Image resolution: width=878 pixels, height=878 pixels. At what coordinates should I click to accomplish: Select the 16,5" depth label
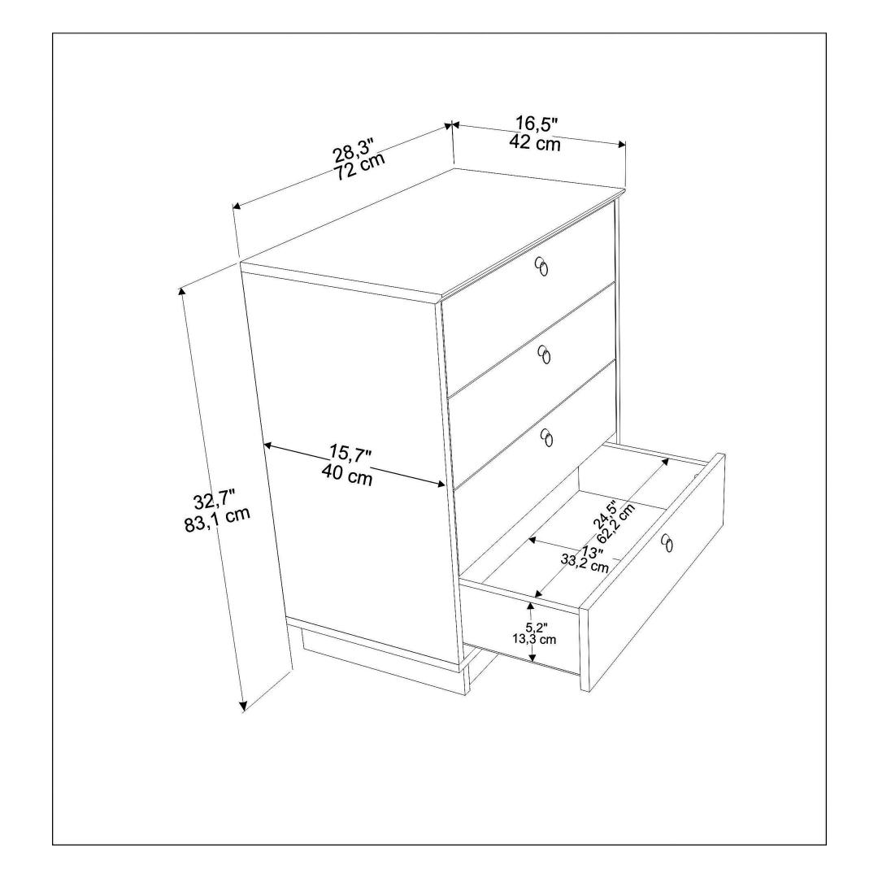point(537,124)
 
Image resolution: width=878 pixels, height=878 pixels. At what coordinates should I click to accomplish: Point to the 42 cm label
point(535,142)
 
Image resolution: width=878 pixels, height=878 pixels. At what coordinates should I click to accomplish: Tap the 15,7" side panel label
point(350,454)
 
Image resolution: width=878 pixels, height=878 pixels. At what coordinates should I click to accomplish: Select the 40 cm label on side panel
point(347,476)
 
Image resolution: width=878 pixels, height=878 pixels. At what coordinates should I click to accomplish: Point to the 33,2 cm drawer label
point(585,563)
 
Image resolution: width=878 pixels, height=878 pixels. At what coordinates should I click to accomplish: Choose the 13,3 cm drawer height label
point(533,639)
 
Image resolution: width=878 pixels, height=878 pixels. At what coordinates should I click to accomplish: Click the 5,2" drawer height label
point(536,627)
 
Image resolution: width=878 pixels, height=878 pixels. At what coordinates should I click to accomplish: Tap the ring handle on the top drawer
point(541,267)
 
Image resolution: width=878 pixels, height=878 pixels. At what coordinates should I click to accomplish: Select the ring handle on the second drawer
point(544,354)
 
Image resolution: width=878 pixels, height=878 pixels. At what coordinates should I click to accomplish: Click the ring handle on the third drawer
point(547,437)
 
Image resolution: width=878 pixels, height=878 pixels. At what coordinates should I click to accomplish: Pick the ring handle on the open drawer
point(667,542)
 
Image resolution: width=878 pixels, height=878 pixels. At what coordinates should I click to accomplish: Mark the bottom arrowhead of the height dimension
point(243,707)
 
